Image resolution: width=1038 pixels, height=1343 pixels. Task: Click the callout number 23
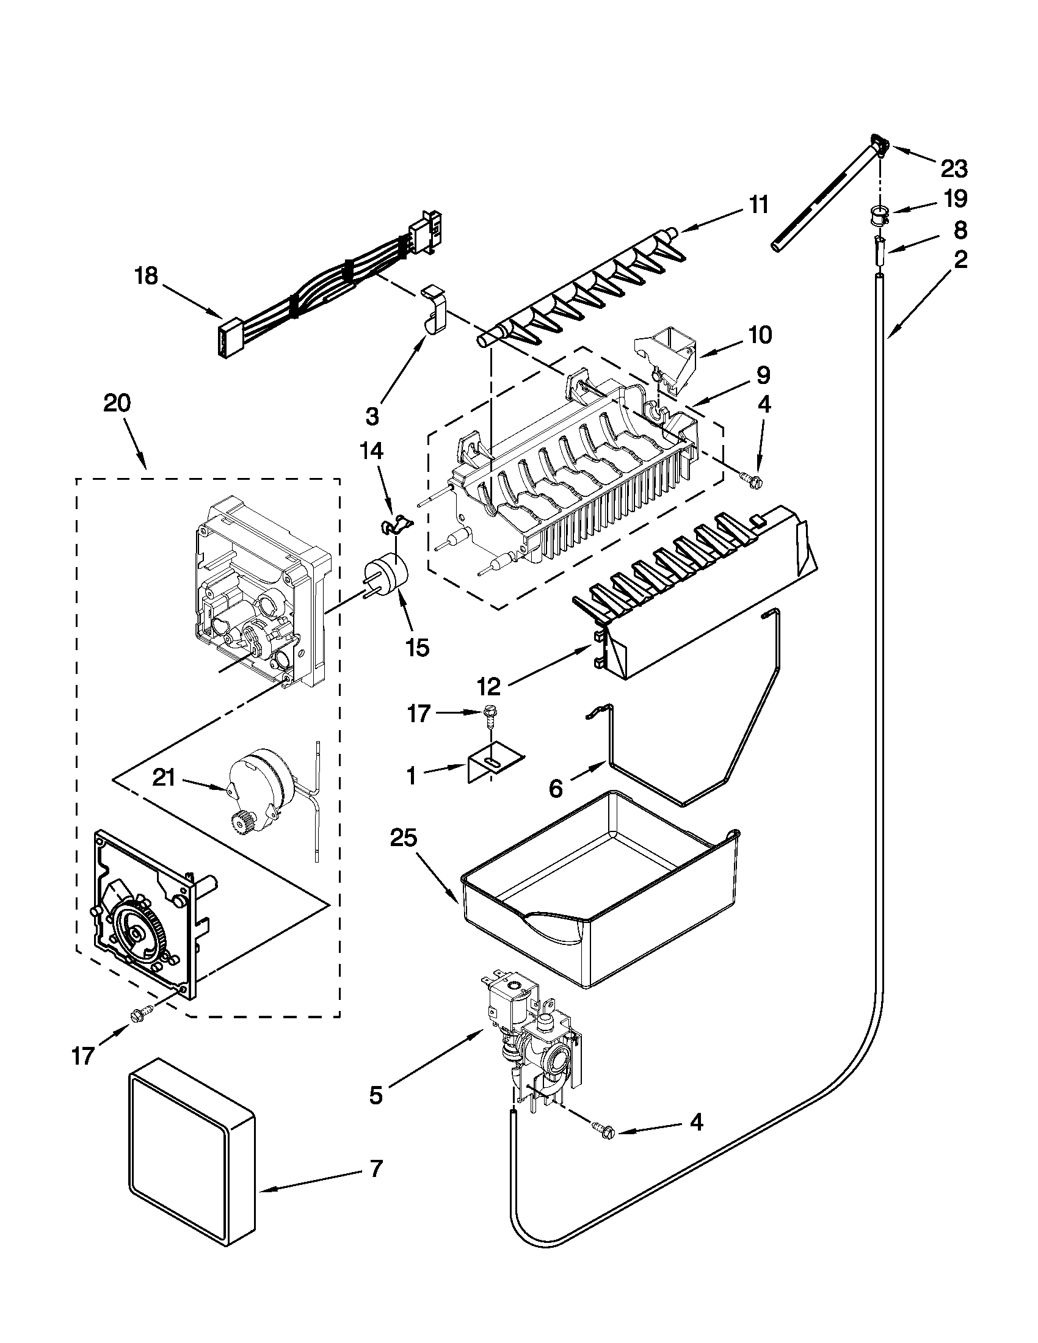954,167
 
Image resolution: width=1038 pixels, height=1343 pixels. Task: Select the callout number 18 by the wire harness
147,276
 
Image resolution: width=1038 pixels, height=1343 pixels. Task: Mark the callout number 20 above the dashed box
117,404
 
